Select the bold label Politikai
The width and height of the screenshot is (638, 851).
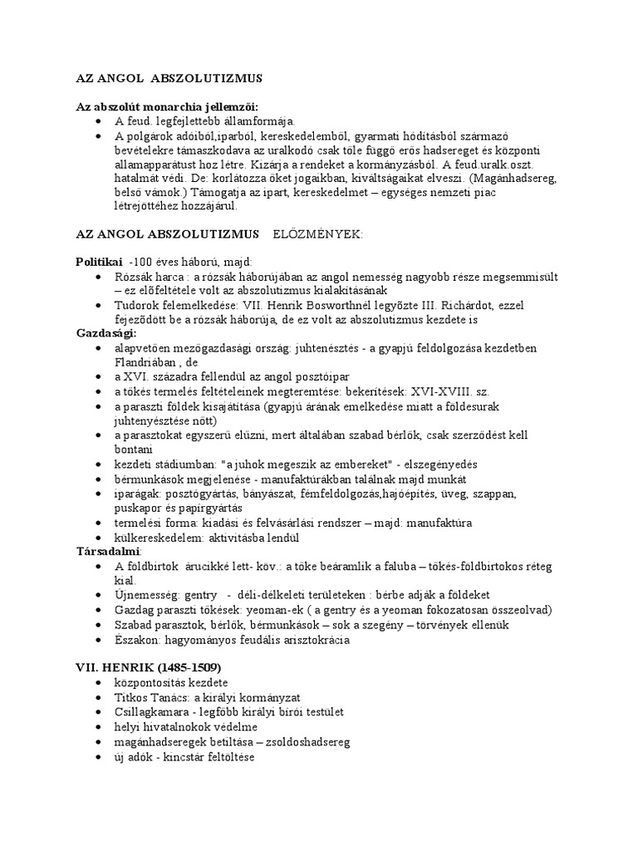click(x=99, y=261)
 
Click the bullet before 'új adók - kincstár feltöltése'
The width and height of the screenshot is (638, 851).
click(x=100, y=758)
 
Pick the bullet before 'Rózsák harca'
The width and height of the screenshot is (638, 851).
click(x=100, y=276)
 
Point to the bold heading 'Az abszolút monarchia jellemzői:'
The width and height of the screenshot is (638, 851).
click(x=167, y=107)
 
